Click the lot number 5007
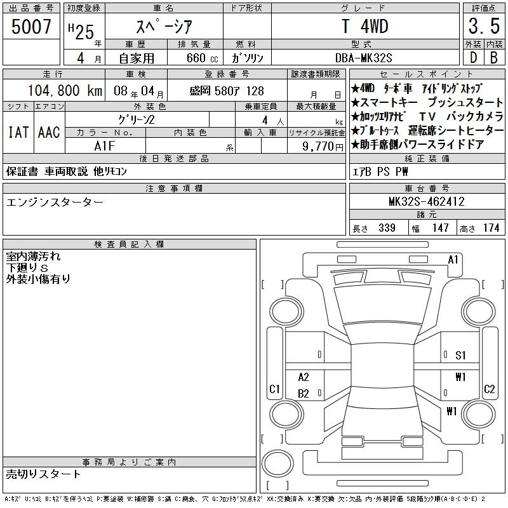31,26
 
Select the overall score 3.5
484,26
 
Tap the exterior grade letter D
473,58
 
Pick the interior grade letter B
494,58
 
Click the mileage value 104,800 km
65,90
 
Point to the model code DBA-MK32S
363,58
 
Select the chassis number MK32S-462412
427,201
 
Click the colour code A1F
105,146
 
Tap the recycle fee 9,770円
323,147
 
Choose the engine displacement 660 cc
202,58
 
